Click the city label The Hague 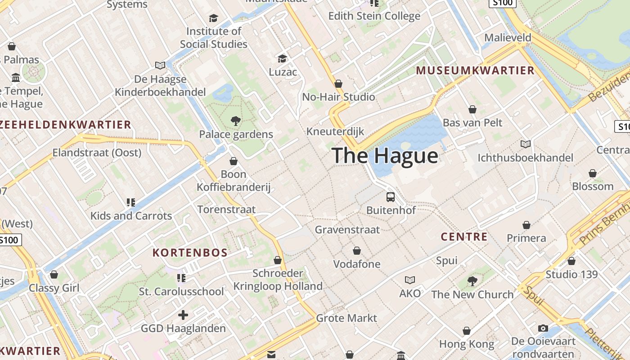[385, 156]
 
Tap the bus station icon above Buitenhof [391, 197]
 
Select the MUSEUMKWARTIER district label [475, 71]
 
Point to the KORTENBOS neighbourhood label [190, 252]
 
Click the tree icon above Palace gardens [235, 121]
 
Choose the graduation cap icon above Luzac [282, 58]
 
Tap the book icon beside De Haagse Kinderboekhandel [160, 66]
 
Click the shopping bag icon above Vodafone [357, 251]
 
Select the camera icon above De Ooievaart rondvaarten [543, 328]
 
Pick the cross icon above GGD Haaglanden [183, 315]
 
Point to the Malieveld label [508, 38]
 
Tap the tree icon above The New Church [472, 281]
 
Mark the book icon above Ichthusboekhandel [525, 144]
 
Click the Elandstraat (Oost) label [97, 153]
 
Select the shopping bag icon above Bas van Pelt [472, 109]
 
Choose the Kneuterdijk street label [335, 131]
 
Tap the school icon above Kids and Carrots [131, 202]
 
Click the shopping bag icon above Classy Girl [54, 274]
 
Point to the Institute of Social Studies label [214, 38]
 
